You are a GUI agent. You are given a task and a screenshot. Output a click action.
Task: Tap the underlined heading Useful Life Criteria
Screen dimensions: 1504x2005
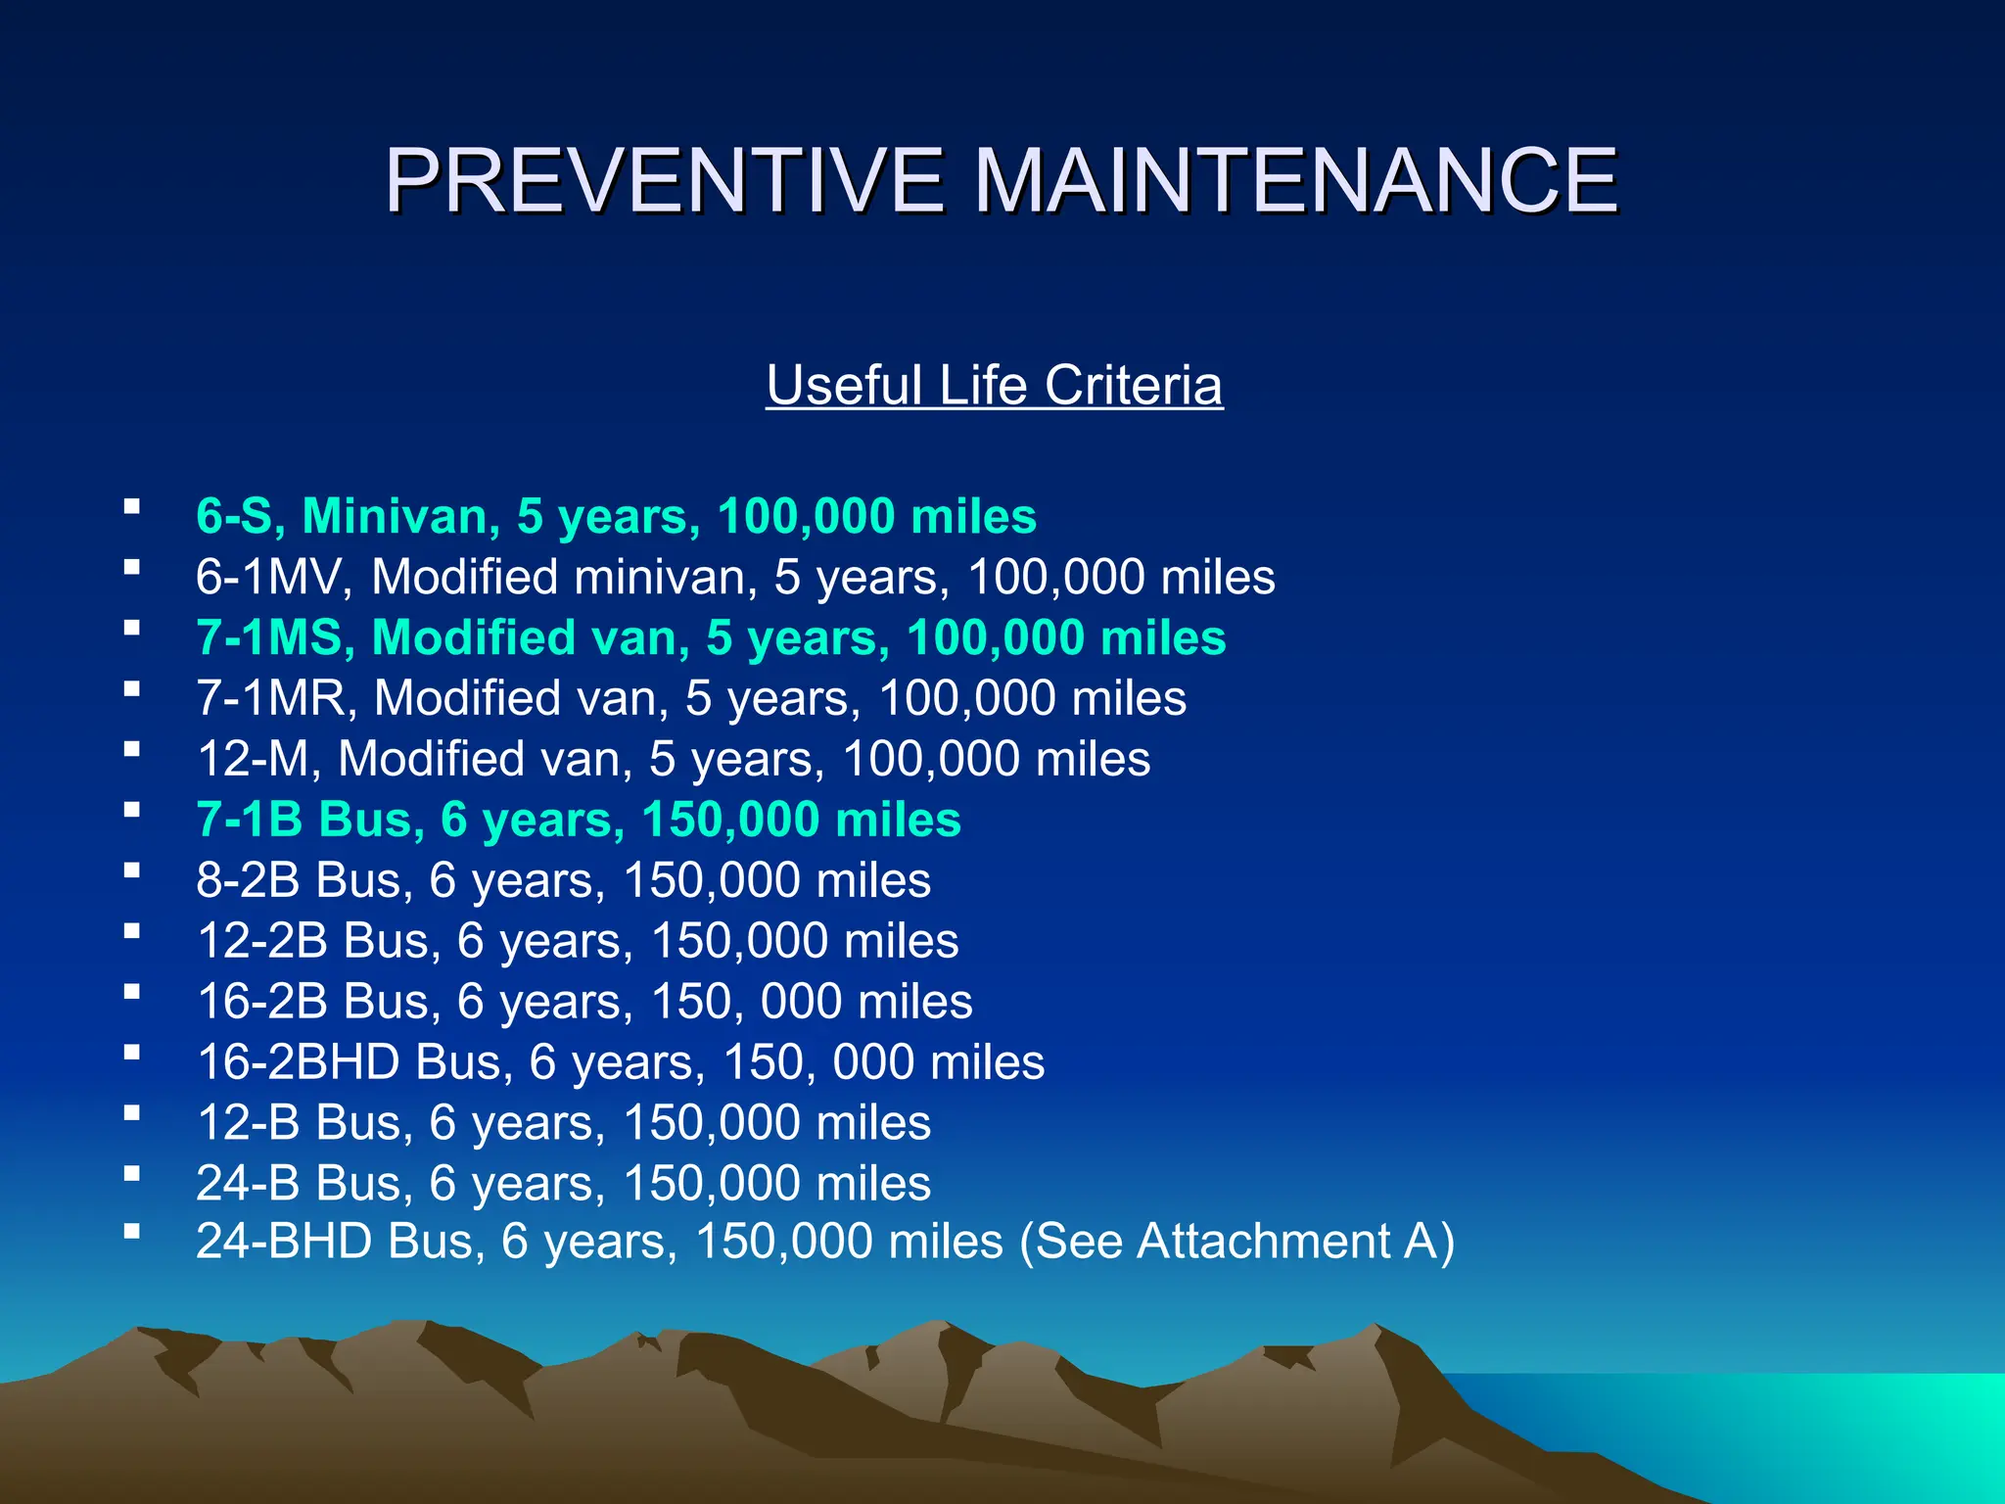click(994, 385)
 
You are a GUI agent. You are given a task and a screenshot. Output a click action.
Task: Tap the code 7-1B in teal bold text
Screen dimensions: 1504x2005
click(250, 820)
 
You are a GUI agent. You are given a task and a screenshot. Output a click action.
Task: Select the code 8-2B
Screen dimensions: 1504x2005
click(248, 880)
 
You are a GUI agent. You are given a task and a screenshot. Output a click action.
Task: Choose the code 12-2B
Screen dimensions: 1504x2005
click(262, 941)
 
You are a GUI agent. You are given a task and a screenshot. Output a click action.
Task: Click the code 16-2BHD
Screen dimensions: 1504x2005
click(299, 1062)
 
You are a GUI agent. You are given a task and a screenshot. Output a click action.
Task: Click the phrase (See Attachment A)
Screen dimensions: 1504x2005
click(1236, 1242)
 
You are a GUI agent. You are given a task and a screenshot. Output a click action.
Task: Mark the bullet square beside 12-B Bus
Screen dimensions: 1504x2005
click(131, 1112)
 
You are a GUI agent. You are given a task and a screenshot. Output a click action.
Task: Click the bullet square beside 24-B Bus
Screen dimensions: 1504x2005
click(131, 1173)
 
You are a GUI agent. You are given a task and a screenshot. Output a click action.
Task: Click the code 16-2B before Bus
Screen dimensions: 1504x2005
click(262, 1002)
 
